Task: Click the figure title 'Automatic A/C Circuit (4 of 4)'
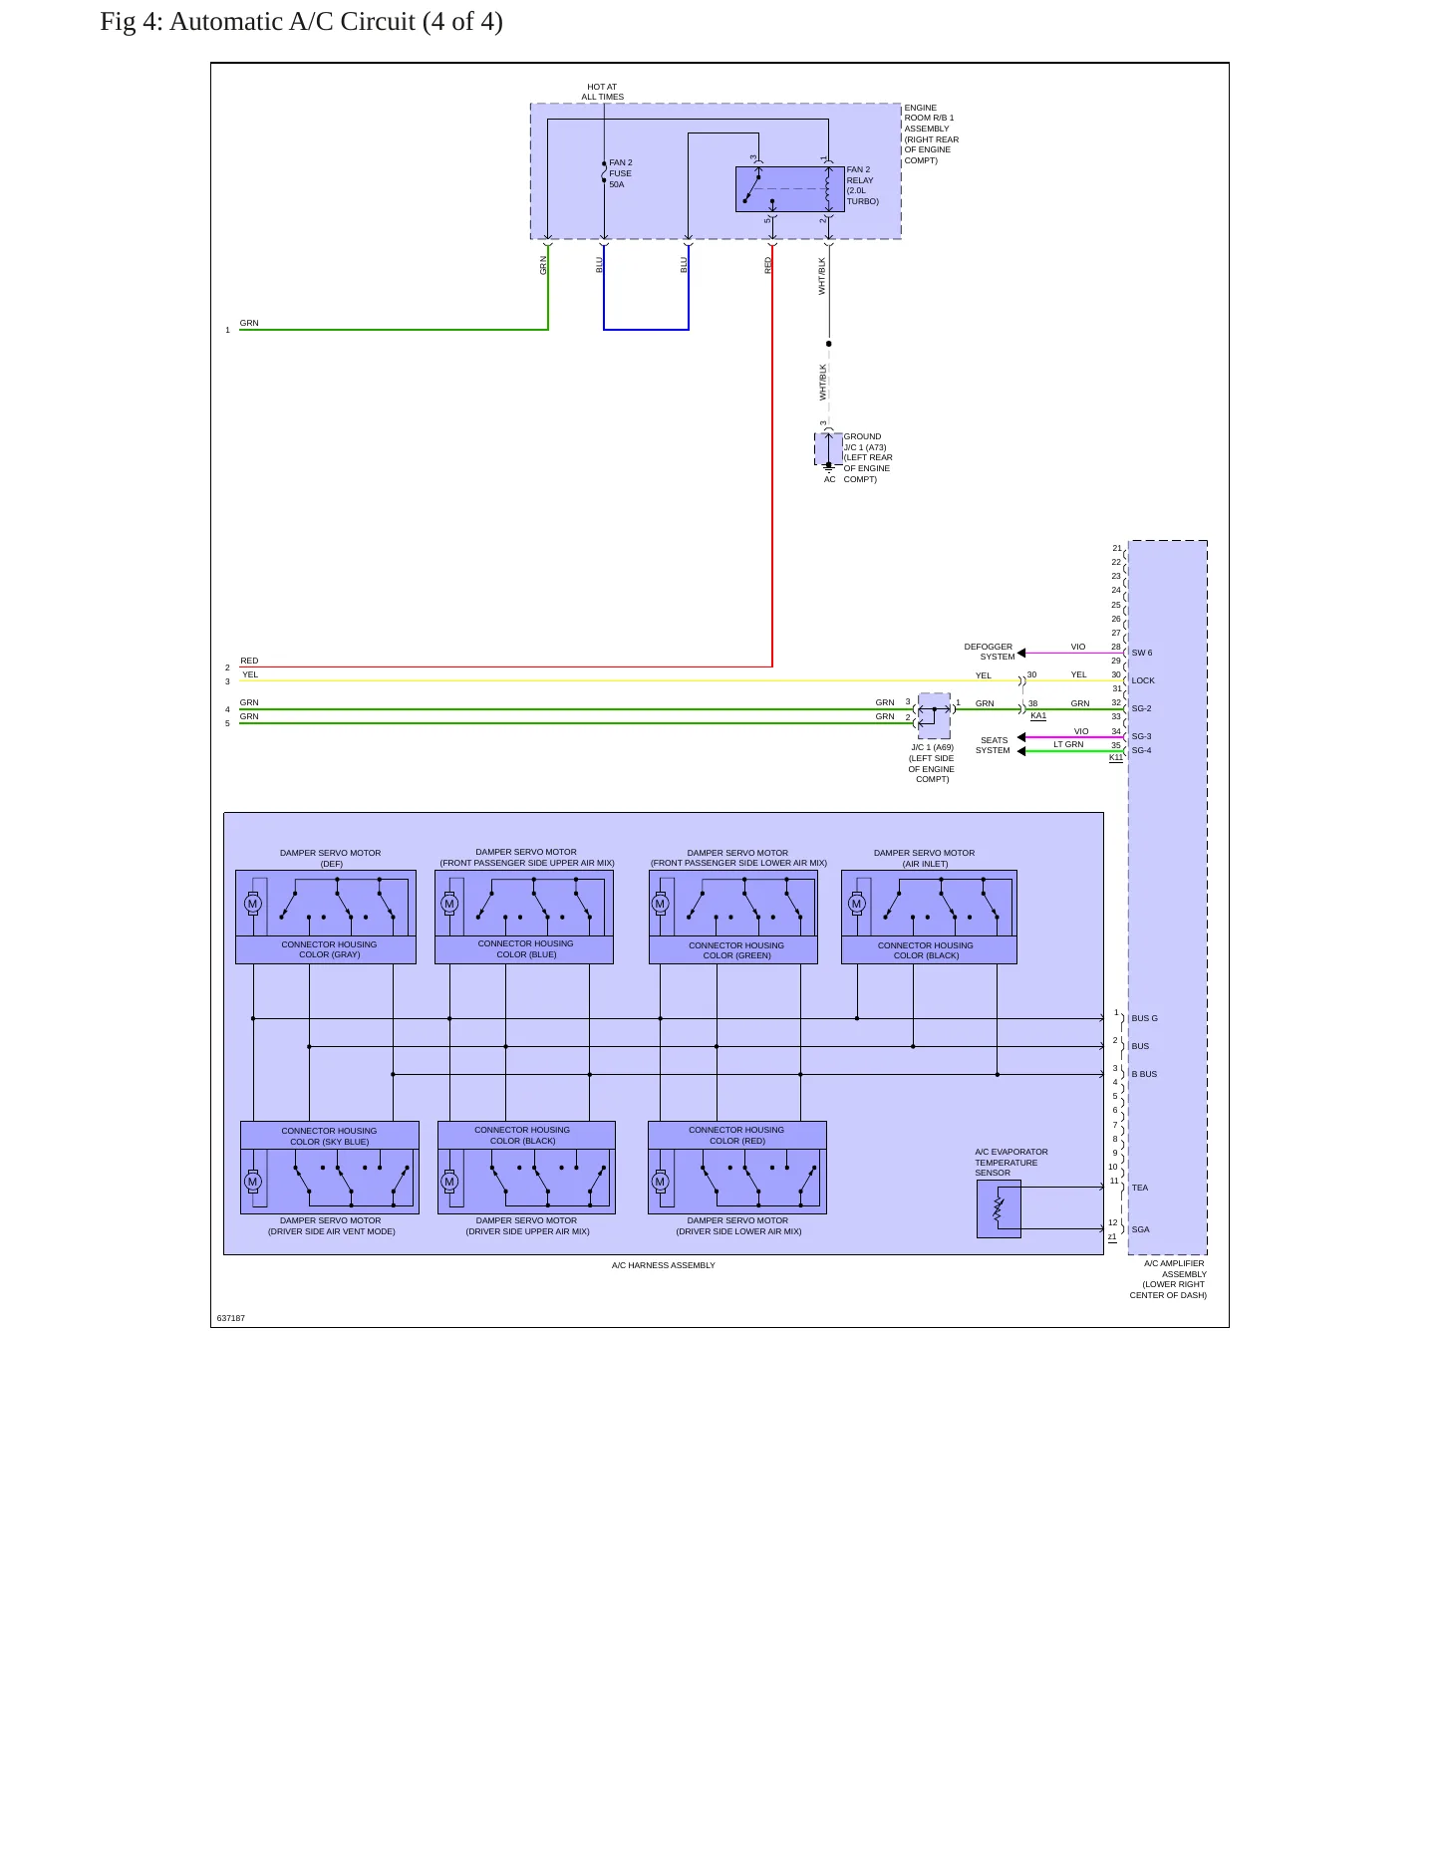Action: click(336, 22)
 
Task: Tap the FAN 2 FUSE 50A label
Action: click(621, 173)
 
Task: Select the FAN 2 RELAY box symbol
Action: click(789, 189)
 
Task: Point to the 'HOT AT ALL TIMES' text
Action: click(603, 92)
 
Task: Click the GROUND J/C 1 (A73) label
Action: click(868, 457)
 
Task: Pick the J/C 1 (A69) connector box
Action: click(934, 715)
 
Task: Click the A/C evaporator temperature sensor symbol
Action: click(999, 1208)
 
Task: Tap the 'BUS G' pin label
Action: click(1144, 1018)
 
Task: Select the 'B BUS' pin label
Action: click(1144, 1074)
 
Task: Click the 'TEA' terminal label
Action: click(1140, 1188)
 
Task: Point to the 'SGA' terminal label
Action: click(1140, 1229)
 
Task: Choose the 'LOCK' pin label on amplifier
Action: click(1143, 680)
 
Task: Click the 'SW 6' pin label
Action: click(1142, 653)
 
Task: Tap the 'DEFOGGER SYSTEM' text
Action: click(990, 652)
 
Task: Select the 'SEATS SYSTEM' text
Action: click(994, 745)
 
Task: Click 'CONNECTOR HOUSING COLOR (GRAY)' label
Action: click(329, 949)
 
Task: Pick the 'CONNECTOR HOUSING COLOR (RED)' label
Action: click(736, 1135)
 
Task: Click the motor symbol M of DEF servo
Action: click(252, 904)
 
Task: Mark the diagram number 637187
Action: click(231, 1318)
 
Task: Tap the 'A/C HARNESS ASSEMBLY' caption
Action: click(664, 1265)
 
